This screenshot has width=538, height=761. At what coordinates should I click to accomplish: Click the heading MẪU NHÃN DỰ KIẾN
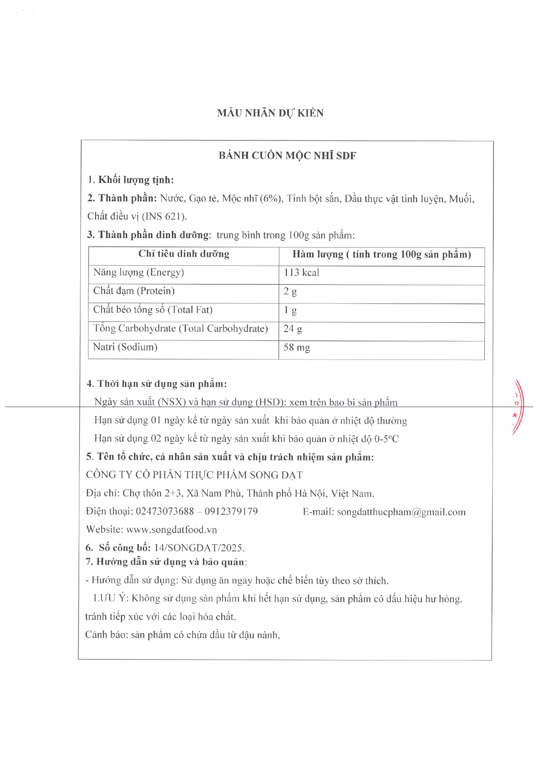click(270, 113)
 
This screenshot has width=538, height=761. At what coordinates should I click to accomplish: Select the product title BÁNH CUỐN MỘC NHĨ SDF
click(287, 156)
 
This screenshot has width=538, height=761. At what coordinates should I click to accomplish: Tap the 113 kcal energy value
click(302, 273)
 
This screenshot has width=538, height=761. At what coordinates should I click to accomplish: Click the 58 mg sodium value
click(297, 348)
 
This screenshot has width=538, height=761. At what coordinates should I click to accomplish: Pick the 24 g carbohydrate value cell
click(293, 329)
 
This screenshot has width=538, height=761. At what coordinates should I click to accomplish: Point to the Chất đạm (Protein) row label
click(134, 291)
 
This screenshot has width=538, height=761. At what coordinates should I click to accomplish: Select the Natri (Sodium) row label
click(125, 347)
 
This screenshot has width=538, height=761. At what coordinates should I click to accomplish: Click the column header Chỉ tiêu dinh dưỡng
click(184, 254)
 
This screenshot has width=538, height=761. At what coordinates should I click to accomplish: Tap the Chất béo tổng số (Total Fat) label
click(153, 310)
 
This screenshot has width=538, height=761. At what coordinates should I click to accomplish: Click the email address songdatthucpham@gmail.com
click(401, 512)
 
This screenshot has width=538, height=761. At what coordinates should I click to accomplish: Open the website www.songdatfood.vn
click(171, 529)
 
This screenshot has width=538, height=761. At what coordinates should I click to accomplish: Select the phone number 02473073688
click(165, 512)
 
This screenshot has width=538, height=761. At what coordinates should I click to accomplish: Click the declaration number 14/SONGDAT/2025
click(199, 548)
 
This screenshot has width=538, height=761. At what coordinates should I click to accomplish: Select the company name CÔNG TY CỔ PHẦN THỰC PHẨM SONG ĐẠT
click(194, 475)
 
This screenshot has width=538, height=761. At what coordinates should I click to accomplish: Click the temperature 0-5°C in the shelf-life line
click(387, 439)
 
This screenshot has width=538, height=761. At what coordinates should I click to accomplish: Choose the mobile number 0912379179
click(231, 512)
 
